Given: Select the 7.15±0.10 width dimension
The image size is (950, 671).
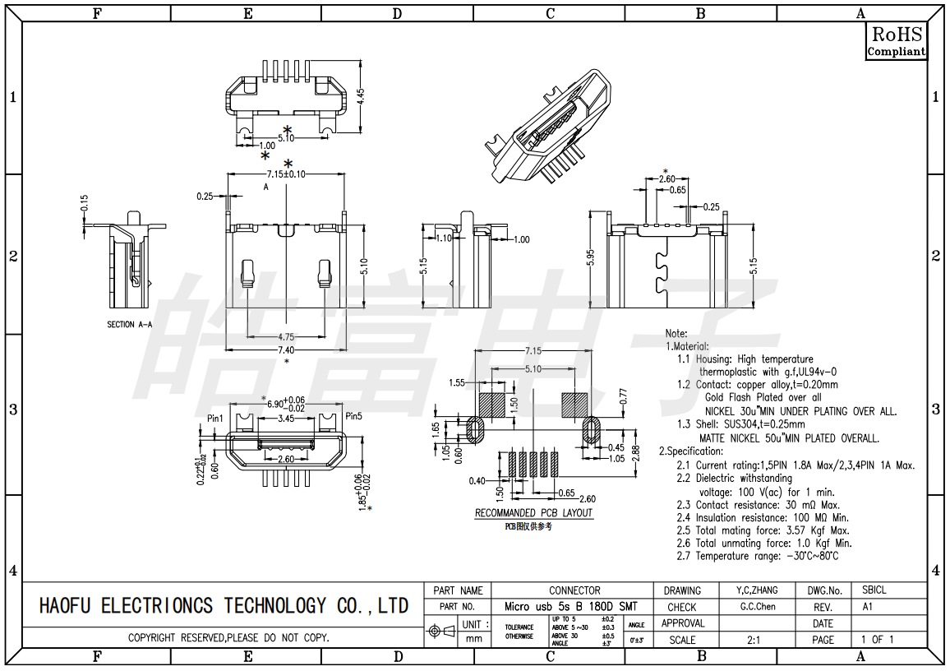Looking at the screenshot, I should tap(286, 174).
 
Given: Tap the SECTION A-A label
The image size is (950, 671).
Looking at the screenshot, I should tap(130, 325).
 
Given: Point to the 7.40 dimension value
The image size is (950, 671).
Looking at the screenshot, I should tap(286, 350).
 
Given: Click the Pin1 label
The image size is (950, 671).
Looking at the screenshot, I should tap(215, 418).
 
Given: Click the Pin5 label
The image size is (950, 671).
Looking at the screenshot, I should tap(354, 416).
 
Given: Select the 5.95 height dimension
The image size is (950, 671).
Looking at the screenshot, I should tap(591, 258).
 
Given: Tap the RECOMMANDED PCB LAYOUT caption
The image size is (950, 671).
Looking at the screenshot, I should tap(533, 513).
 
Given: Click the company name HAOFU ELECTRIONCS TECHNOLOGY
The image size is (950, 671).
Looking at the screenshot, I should tap(224, 606).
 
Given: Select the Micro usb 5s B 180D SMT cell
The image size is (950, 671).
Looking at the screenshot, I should tap(570, 607).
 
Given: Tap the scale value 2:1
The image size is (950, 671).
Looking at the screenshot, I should tap(753, 640).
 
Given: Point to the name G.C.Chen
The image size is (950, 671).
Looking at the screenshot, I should tap(757, 607).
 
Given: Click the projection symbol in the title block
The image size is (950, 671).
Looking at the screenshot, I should tap(442, 632).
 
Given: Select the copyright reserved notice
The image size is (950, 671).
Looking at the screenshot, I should tap(228, 638).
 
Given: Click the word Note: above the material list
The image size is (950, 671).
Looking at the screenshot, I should tap(676, 334).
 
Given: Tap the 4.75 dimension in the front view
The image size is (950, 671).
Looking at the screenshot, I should tap(286, 337).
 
